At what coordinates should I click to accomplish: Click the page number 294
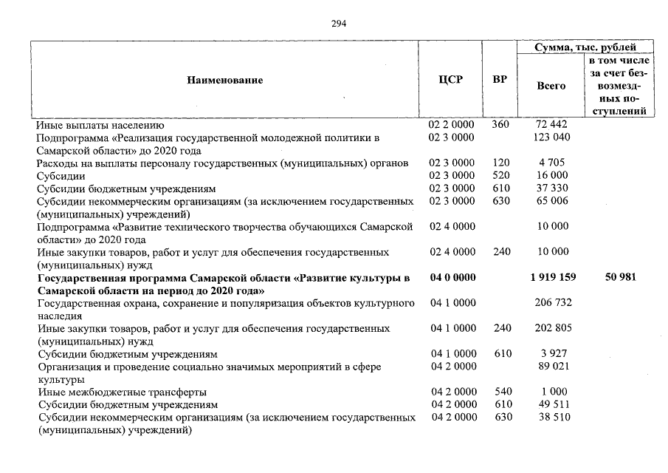click(x=339, y=23)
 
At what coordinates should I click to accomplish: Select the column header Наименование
click(x=224, y=80)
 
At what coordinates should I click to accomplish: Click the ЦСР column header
click(x=450, y=80)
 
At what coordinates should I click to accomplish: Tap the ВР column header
click(x=500, y=80)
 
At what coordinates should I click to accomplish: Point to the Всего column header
click(x=551, y=86)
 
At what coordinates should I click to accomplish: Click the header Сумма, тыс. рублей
click(x=585, y=47)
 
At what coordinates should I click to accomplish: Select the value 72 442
click(x=551, y=125)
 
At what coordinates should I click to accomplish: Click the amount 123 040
click(x=551, y=137)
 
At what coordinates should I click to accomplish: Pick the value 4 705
click(x=551, y=163)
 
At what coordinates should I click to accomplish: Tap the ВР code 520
click(x=500, y=175)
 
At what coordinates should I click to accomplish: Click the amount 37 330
click(x=551, y=188)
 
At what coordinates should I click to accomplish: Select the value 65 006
click(x=551, y=201)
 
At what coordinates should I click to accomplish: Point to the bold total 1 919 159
click(x=551, y=277)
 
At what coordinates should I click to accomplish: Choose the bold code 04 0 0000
click(x=451, y=277)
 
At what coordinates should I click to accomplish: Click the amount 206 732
click(x=551, y=303)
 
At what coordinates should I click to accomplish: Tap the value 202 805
click(x=551, y=328)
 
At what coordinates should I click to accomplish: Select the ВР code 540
click(x=500, y=392)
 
